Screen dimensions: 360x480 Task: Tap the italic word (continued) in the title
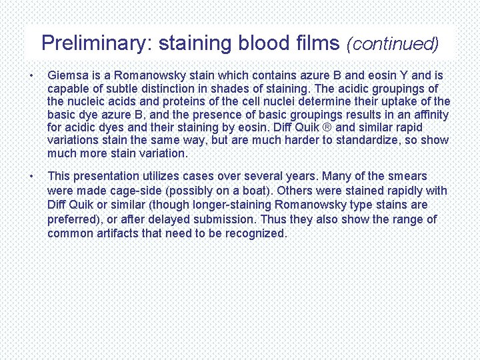(x=393, y=44)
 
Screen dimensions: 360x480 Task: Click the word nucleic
(x=87, y=101)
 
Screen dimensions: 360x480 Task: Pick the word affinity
(x=429, y=115)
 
